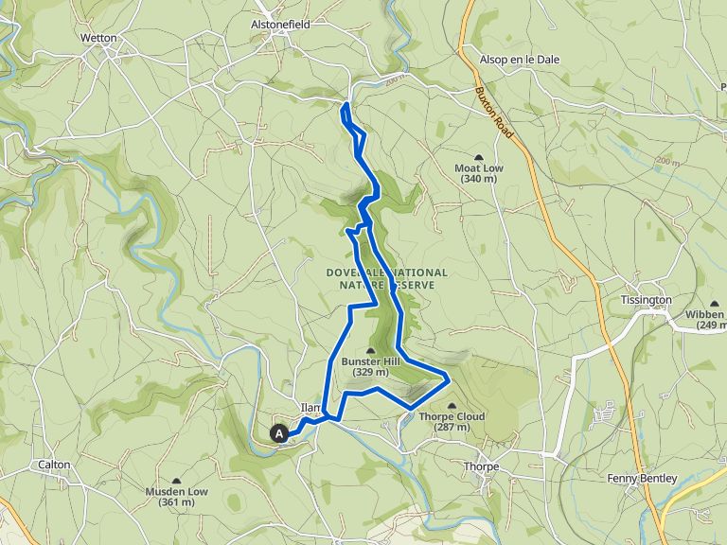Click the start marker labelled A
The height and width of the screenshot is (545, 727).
coord(279,433)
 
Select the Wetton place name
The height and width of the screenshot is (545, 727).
coord(98,39)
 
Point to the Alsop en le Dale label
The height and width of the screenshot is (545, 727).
coord(520,59)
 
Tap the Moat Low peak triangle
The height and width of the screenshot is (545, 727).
coord(478,157)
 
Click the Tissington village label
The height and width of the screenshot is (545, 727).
coord(646,300)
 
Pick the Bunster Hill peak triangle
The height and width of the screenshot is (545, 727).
coord(370,351)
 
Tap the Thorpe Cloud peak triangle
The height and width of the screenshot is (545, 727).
coord(451,405)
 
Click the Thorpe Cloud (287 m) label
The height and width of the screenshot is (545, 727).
coord(451,421)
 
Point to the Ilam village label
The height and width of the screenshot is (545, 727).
coord(310,408)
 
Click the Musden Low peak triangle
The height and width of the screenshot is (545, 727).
coord(177,481)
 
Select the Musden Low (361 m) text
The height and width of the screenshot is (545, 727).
coord(177,496)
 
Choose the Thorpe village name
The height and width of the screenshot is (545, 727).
coord(481,466)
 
